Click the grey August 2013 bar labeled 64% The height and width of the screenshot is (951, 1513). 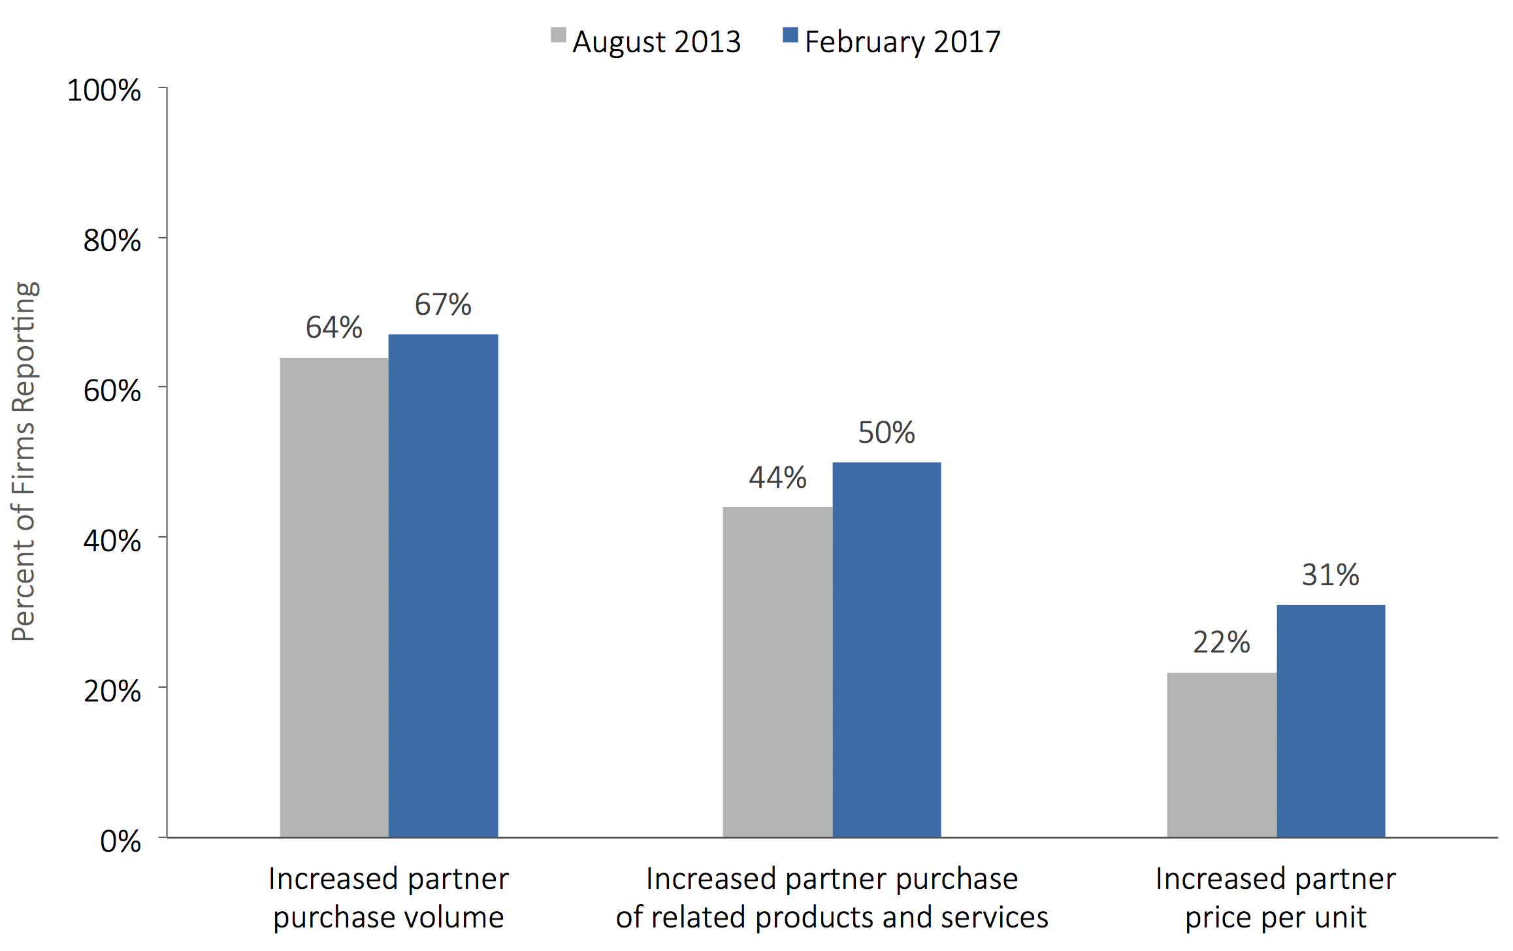pyautogui.click(x=334, y=597)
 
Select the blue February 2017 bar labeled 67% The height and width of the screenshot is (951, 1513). pyautogui.click(x=443, y=585)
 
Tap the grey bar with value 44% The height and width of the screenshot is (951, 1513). pyautogui.click(x=777, y=671)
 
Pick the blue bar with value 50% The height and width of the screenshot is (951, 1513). pyautogui.click(x=887, y=649)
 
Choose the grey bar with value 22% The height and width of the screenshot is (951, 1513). pyautogui.click(x=1222, y=754)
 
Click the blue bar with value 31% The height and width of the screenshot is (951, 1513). pyautogui.click(x=1331, y=720)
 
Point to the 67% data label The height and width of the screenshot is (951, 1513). pyautogui.click(x=443, y=304)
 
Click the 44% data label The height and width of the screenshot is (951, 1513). pyautogui.click(x=777, y=477)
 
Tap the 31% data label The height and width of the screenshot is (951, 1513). pyautogui.click(x=1331, y=575)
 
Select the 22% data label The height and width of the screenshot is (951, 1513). pyautogui.click(x=1222, y=642)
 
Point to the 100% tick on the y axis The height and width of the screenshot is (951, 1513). pyautogui.click(x=104, y=90)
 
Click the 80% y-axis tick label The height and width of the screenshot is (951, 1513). pyautogui.click(x=112, y=240)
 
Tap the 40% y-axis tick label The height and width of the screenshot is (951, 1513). pyautogui.click(x=112, y=541)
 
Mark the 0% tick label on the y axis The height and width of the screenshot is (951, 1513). pyautogui.click(x=120, y=841)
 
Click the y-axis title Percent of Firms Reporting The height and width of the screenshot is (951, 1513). pyautogui.click(x=24, y=461)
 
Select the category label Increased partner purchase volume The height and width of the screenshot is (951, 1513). pyautogui.click(x=389, y=897)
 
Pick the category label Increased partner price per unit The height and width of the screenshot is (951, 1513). pyautogui.click(x=1276, y=897)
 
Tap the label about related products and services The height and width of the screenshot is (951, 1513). pyautogui.click(x=832, y=897)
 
